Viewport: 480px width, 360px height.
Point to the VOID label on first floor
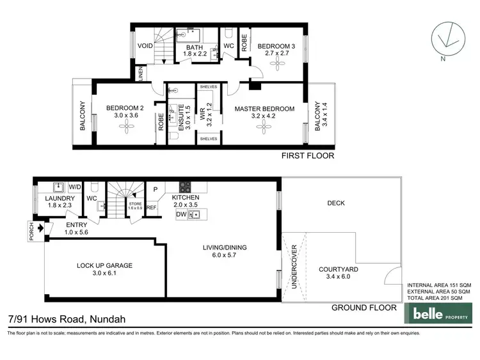pos(145,46)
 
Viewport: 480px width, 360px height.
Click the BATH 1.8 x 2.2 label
pos(195,51)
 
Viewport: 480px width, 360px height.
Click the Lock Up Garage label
pos(97,266)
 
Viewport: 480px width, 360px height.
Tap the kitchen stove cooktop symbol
pos(184,187)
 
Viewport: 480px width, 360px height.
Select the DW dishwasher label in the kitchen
pos(182,214)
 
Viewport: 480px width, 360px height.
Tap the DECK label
pos(336,203)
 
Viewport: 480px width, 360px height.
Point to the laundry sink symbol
pos(58,187)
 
